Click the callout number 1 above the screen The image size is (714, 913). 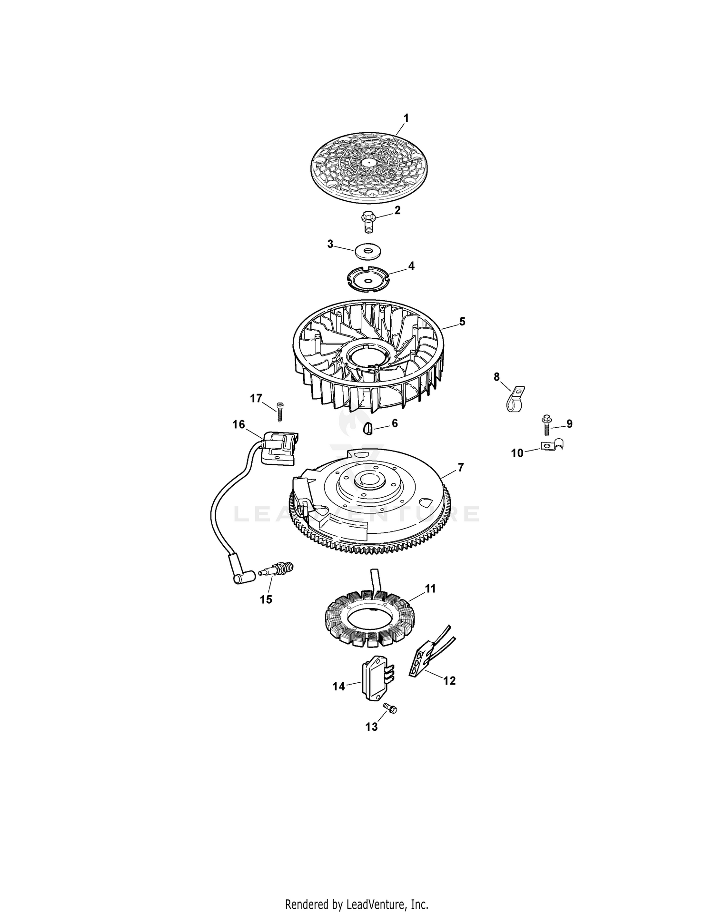click(406, 117)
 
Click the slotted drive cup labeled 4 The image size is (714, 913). click(368, 279)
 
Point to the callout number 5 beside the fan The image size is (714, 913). click(462, 322)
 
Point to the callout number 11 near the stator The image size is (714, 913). click(430, 589)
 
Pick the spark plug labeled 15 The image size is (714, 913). click(278, 569)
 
